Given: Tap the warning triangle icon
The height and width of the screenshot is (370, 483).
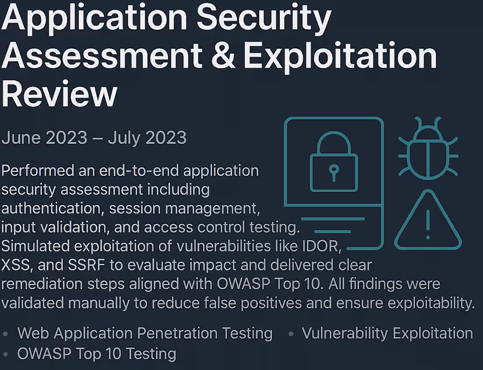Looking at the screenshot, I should [428, 221].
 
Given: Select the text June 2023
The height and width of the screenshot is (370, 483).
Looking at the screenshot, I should [44, 138].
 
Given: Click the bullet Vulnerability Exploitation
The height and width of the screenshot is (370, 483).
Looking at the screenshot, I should [387, 333].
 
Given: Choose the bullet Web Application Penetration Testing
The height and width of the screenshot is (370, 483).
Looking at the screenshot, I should [145, 333].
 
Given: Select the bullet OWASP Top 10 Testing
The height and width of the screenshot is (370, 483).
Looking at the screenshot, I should [97, 353].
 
